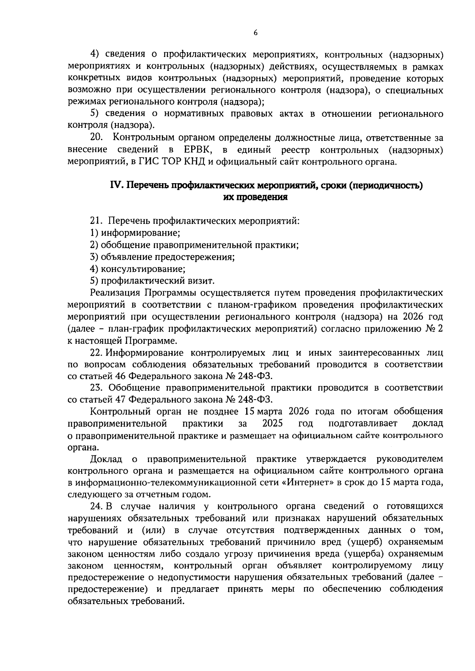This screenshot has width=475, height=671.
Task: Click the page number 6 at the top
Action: coord(255,33)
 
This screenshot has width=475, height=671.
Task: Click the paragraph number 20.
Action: coord(97,138)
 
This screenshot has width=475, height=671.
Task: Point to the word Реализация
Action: coord(115,293)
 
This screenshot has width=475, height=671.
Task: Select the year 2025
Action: coord(273,423)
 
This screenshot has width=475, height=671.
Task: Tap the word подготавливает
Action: coord(363,423)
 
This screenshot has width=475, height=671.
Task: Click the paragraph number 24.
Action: coord(97,506)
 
